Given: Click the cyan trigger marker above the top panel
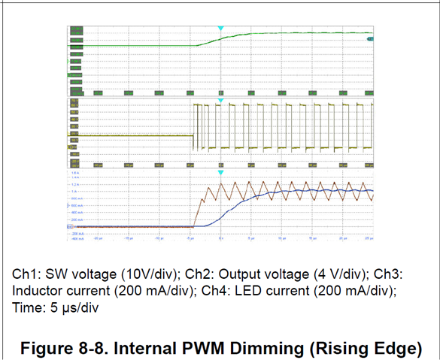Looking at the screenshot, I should (220, 29).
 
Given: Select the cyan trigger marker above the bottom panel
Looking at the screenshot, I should (220, 174).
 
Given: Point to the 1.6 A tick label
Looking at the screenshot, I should (74, 172).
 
